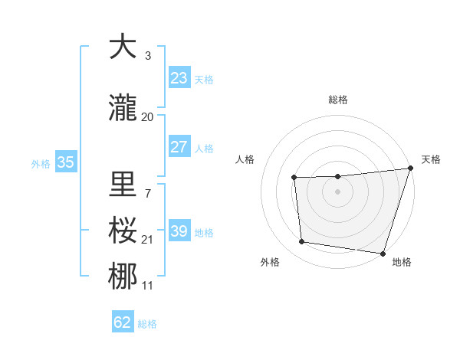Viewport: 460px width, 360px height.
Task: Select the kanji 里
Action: tap(123, 184)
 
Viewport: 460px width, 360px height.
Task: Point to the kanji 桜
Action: tap(123, 230)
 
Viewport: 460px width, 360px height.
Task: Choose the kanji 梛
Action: tap(123, 276)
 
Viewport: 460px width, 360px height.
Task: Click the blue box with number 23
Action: tap(179, 78)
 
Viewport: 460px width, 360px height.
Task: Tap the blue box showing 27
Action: tap(179, 147)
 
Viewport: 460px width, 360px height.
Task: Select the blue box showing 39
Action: tap(179, 231)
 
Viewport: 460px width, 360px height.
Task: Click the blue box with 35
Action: tap(65, 162)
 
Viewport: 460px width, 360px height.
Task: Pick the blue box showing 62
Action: tap(123, 322)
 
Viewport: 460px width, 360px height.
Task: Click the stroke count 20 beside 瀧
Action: tap(148, 117)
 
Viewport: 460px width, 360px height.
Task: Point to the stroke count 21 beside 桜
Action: tap(148, 240)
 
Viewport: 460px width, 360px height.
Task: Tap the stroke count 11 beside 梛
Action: tap(148, 286)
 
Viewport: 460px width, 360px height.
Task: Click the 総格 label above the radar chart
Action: tap(338, 100)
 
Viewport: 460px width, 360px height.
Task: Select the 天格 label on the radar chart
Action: tap(431, 159)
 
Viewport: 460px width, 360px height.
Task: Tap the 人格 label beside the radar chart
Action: tap(245, 159)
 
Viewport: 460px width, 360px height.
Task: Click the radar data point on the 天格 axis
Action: tap(410, 169)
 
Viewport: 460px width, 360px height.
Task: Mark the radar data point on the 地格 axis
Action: tap(383, 253)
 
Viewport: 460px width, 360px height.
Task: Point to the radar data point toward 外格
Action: tap(302, 242)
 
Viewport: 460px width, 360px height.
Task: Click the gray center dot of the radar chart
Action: tap(338, 191)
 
